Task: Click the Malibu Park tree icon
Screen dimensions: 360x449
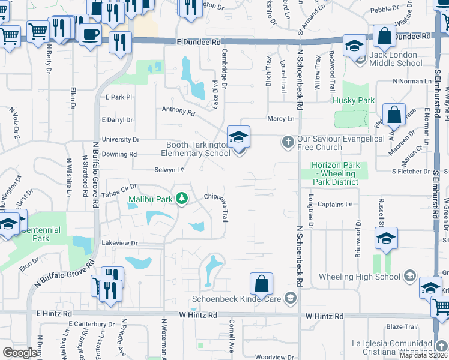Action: [180, 199]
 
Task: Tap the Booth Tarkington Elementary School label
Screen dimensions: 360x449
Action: [196, 149]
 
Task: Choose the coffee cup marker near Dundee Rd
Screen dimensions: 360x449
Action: [90, 34]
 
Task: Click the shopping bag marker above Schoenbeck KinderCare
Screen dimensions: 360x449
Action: [262, 284]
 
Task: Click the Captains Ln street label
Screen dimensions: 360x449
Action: [335, 205]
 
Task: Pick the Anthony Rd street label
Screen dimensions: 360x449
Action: [178, 110]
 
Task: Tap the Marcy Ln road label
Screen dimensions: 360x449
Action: [281, 119]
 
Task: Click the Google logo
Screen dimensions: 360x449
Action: [20, 352]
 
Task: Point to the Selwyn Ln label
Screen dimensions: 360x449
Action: [169, 170]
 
